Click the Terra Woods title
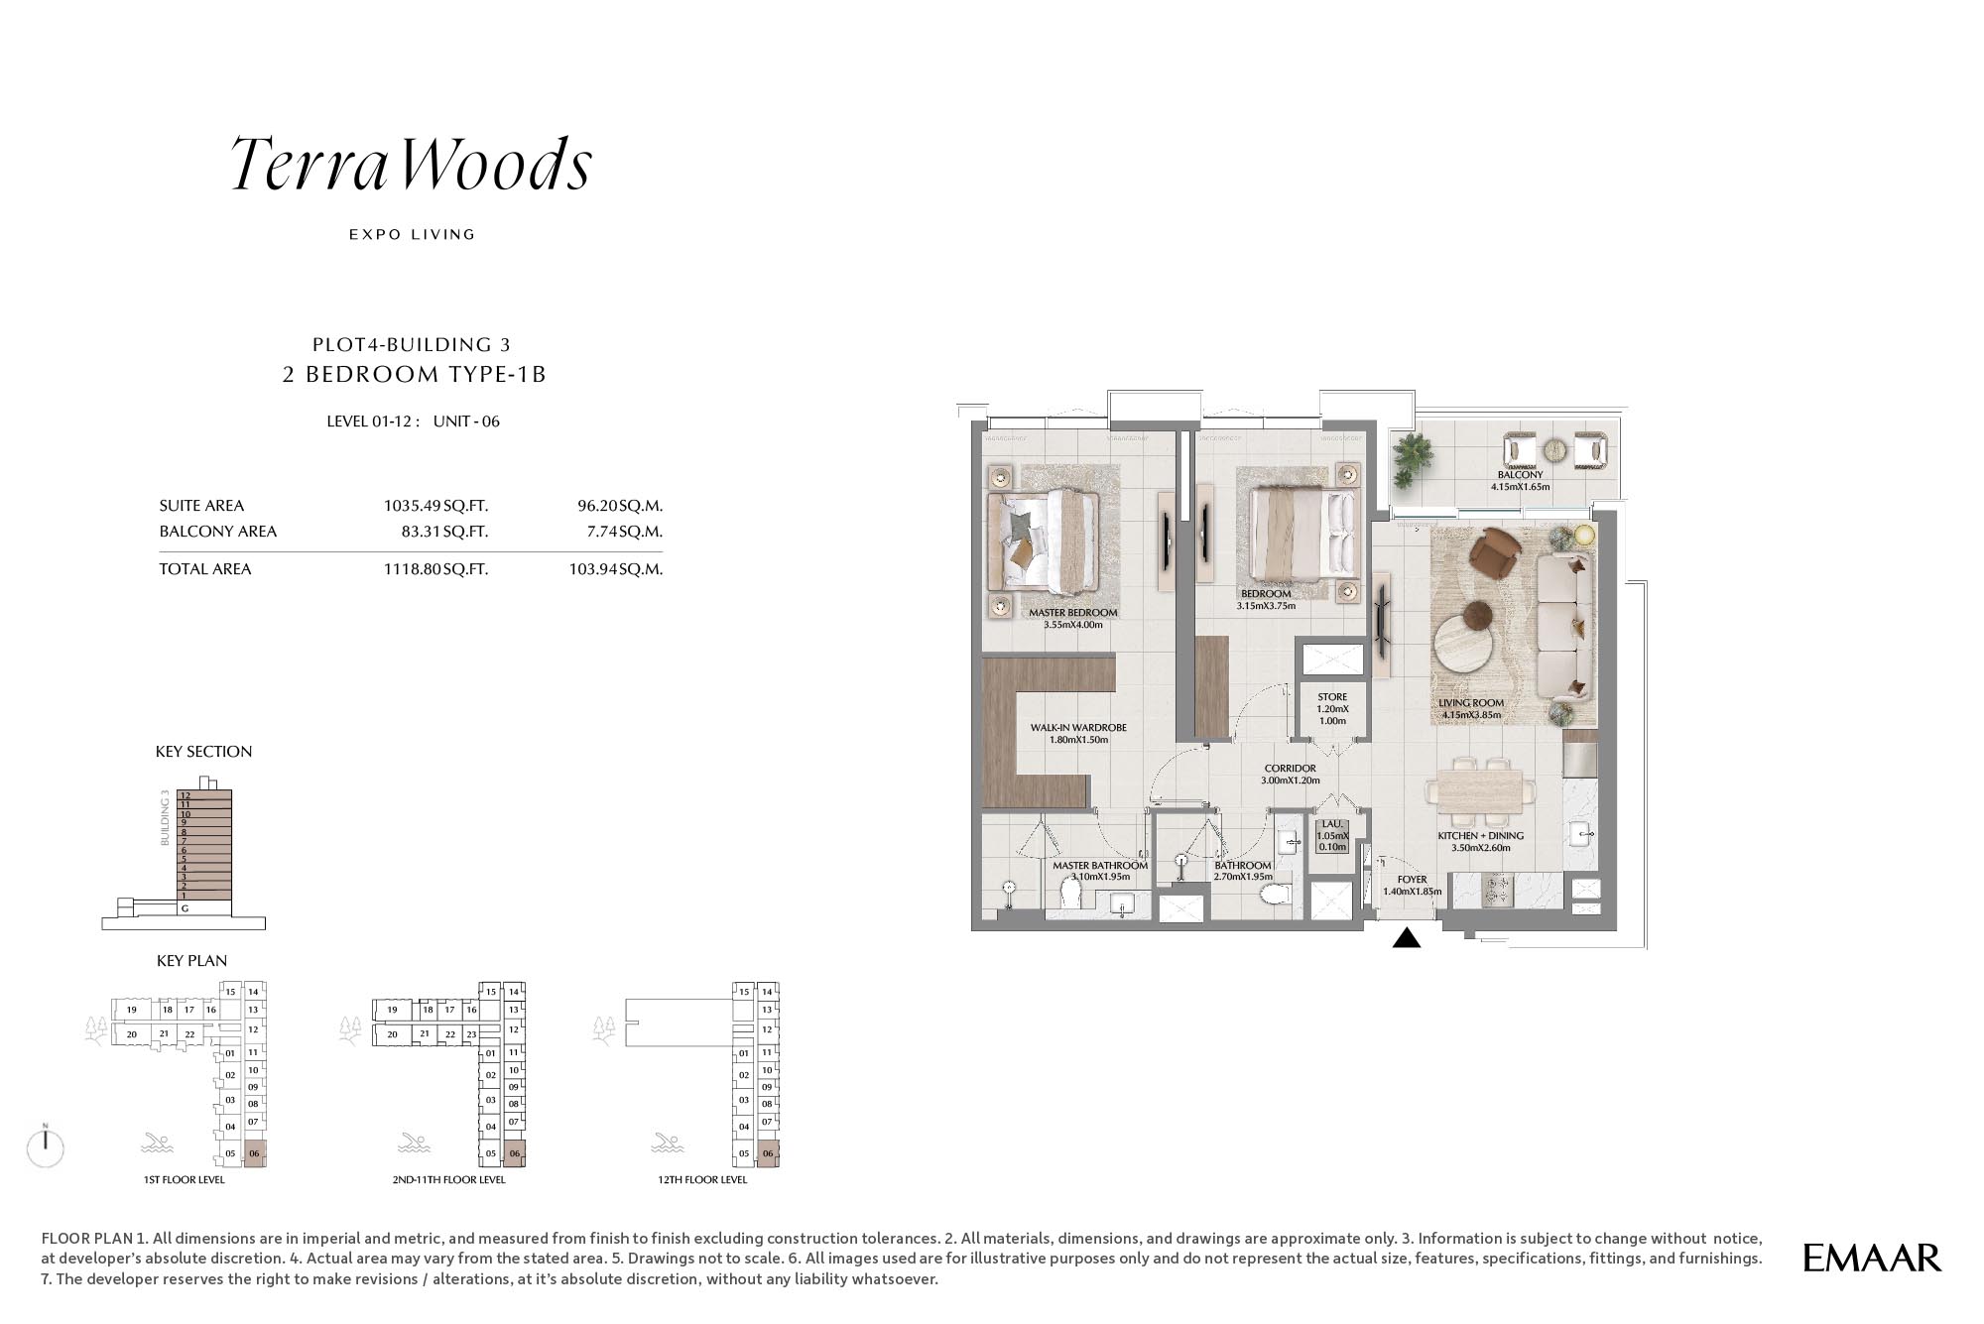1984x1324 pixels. [412, 164]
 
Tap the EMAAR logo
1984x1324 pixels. [1872, 1258]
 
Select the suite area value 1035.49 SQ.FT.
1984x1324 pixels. [435, 506]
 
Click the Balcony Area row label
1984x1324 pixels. [218, 532]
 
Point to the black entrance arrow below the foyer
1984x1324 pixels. [1407, 937]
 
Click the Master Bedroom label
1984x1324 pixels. [1073, 613]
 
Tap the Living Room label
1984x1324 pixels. [1471, 703]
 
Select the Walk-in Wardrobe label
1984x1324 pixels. [1078, 728]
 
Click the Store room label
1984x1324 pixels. [1332, 697]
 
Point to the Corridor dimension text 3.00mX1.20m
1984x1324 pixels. [1291, 781]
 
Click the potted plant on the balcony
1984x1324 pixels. [1412, 459]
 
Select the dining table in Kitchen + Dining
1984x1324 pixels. [1481, 792]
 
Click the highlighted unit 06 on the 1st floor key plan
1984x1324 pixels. [255, 1153]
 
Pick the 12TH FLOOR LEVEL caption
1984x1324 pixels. [702, 1180]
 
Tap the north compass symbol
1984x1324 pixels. [46, 1146]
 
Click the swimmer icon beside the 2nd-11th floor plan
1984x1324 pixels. [413, 1143]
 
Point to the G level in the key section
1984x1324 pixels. [185, 908]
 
